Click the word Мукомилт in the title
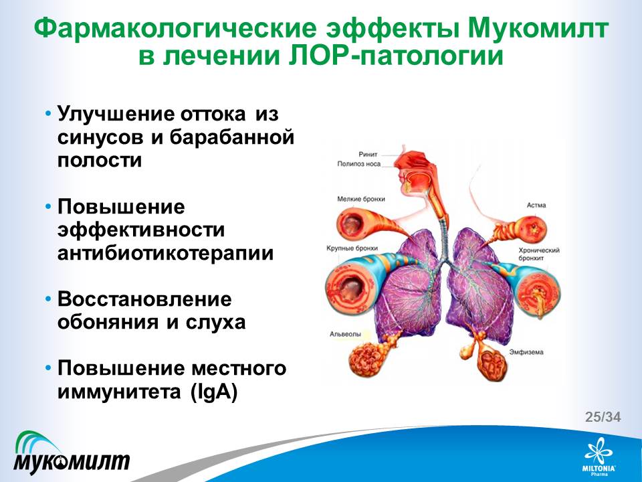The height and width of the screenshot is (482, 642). pyautogui.click(x=537, y=28)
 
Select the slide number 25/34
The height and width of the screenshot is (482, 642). pyautogui.click(x=603, y=417)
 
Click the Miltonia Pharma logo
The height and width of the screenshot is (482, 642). pyautogui.click(x=599, y=457)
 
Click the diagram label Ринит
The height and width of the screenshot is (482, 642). pyautogui.click(x=368, y=155)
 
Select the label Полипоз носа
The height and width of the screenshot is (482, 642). pyautogui.click(x=358, y=164)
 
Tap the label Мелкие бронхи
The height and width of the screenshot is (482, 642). pyautogui.click(x=361, y=199)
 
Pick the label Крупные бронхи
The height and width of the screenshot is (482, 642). pyautogui.click(x=352, y=248)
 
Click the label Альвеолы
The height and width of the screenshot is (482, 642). pyautogui.click(x=345, y=334)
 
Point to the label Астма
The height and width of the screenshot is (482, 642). pyautogui.click(x=536, y=205)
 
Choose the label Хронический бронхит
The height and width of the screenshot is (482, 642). pyautogui.click(x=539, y=254)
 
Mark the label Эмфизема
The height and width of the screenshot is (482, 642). pyautogui.click(x=526, y=352)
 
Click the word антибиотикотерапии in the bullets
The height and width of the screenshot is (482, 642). pyautogui.click(x=165, y=253)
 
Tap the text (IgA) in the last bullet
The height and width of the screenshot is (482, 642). pyautogui.click(x=214, y=392)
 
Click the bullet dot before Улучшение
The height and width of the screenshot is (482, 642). pyautogui.click(x=49, y=112)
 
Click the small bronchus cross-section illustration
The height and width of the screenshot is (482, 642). pyautogui.click(x=353, y=224)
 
